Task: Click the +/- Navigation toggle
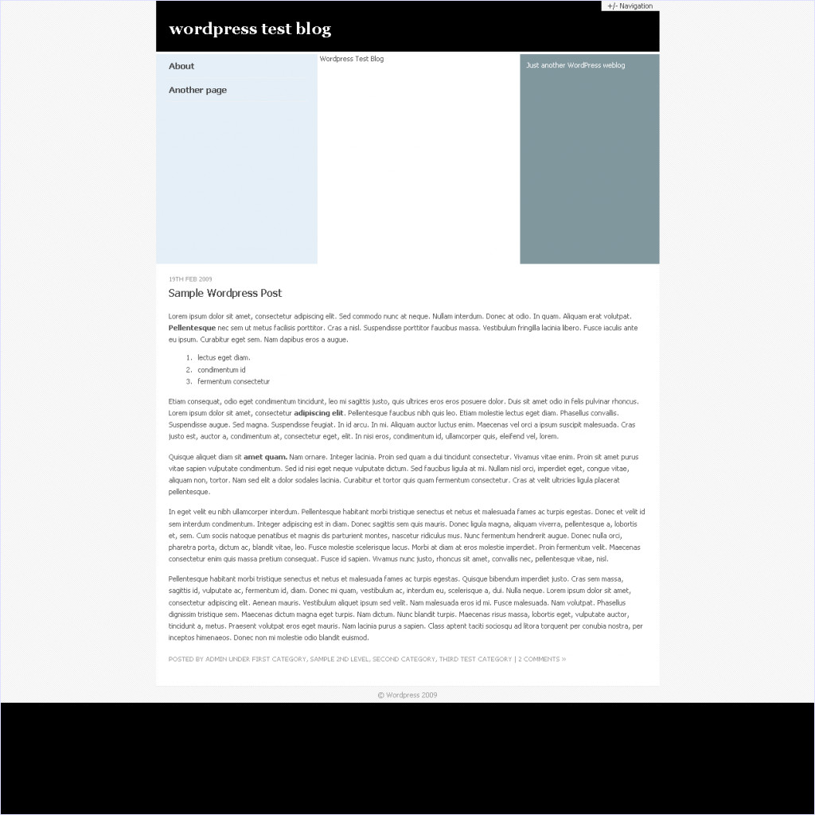point(630,6)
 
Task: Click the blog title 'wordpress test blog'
point(250,29)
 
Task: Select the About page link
point(181,66)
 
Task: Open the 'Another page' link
point(197,90)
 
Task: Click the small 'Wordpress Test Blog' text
point(351,59)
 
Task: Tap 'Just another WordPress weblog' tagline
point(575,65)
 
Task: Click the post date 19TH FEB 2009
point(190,279)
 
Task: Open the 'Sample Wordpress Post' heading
point(225,293)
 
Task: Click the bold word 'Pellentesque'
point(192,328)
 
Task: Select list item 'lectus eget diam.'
point(224,358)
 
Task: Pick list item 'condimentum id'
point(221,370)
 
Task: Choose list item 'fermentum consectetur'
point(233,382)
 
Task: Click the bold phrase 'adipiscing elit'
point(318,413)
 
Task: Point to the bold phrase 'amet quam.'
point(265,457)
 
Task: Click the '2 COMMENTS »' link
point(542,659)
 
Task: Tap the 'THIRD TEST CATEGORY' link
point(475,659)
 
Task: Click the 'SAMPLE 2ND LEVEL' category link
point(338,659)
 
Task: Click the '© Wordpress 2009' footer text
point(407,695)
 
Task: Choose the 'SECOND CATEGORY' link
point(404,659)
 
